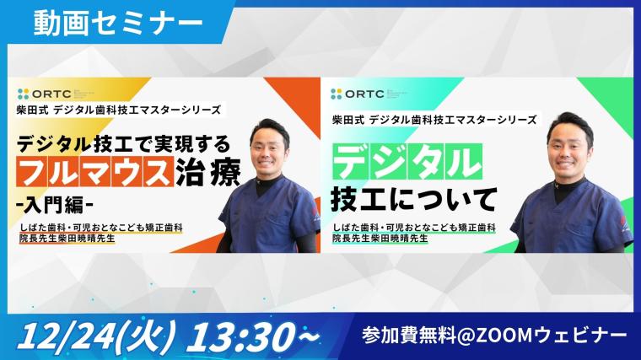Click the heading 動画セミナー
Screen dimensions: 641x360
click(x=118, y=24)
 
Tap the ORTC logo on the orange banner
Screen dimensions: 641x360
click(x=45, y=94)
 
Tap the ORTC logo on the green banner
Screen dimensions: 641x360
click(x=358, y=94)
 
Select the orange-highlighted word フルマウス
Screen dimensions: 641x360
click(x=95, y=172)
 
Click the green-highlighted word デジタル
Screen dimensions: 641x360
click(x=407, y=162)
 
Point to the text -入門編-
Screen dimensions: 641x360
click(x=54, y=205)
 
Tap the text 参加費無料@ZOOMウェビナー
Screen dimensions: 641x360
click(x=494, y=336)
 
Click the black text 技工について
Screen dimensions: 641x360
click(x=414, y=200)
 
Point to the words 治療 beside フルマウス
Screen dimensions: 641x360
click(x=208, y=172)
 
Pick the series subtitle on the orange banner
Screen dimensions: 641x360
click(x=119, y=110)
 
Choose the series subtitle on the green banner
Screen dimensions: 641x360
click(x=434, y=120)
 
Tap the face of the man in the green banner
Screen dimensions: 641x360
click(x=568, y=147)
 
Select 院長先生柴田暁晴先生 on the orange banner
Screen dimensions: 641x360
click(x=67, y=239)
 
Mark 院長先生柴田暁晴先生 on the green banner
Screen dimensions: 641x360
click(x=380, y=239)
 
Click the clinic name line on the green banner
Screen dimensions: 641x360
click(x=414, y=228)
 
